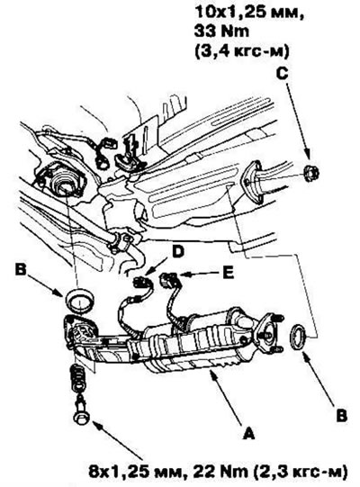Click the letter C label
tap(282, 74)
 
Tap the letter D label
tap(178, 252)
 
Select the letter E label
tap(229, 274)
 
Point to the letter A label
tap(248, 433)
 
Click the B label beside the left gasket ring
tap(21, 270)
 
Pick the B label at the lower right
tap(342, 416)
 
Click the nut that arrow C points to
tap(311, 174)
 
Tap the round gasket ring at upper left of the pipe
tap(80, 300)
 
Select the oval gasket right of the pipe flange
tap(298, 337)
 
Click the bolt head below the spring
tap(81, 416)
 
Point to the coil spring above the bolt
tap(78, 376)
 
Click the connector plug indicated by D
tap(141, 282)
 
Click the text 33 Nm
tap(221, 32)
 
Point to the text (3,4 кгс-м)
tap(241, 50)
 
